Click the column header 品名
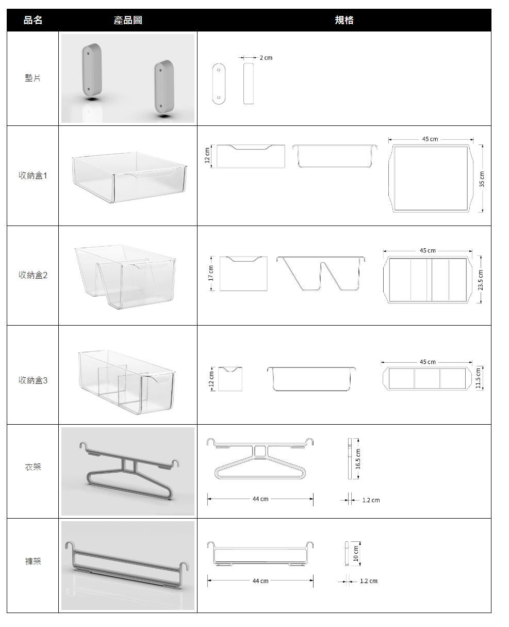(32, 20)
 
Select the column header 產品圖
(128, 20)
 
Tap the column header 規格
(343, 20)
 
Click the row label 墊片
(32, 78)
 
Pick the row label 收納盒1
(32, 175)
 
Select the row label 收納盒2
(32, 275)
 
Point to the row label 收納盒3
(32, 380)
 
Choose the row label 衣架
(32, 467)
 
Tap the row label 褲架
(32, 561)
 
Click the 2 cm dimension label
(266, 58)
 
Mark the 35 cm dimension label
(482, 179)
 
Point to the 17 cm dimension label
(210, 273)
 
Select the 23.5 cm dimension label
(481, 280)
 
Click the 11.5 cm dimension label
(478, 378)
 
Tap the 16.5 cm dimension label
(358, 459)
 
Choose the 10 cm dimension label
(356, 554)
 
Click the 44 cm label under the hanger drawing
(260, 499)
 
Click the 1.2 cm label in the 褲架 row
(369, 581)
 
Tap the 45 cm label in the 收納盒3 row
(428, 362)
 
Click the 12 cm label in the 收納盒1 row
(207, 155)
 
